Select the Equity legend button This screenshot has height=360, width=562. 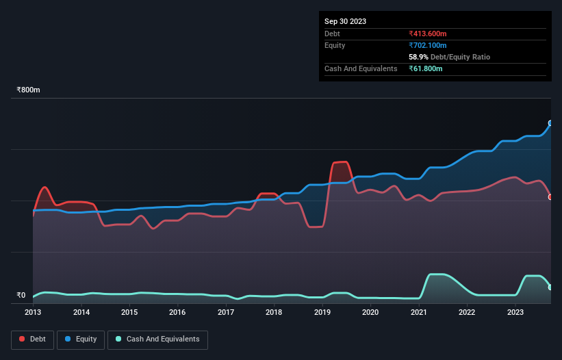[x=81, y=339]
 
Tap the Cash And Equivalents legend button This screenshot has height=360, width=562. [x=157, y=339]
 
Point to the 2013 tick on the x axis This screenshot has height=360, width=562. [x=33, y=313]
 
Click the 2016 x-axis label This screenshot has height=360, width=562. [x=177, y=313]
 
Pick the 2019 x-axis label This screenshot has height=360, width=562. [x=322, y=313]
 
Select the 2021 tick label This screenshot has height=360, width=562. [x=418, y=313]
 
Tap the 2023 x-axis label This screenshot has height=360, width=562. [x=515, y=313]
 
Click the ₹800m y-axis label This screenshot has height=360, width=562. [x=29, y=90]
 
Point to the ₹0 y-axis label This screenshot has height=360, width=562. [x=22, y=296]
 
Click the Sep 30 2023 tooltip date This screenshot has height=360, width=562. [x=345, y=21]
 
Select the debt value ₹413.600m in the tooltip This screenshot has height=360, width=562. [x=428, y=34]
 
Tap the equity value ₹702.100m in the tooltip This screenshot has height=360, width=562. [x=428, y=45]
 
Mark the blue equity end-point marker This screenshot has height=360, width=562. [x=550, y=123]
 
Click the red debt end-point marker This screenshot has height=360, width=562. [x=550, y=197]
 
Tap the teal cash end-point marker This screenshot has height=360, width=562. [x=550, y=287]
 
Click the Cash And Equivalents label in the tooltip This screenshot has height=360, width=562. [x=361, y=68]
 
